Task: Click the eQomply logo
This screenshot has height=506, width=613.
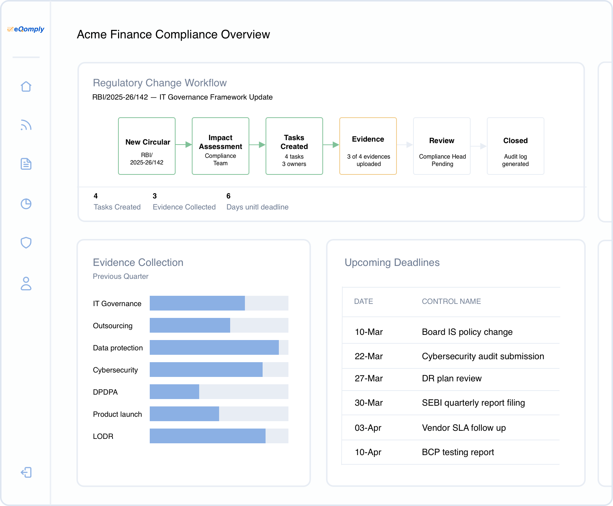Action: (26, 29)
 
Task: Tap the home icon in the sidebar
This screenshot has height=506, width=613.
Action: (26, 87)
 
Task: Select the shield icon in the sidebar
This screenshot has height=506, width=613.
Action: (26, 243)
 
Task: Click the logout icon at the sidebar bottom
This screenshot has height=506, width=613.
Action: (26, 472)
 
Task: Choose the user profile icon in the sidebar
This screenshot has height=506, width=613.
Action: (26, 284)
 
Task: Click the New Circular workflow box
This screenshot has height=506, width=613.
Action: (147, 146)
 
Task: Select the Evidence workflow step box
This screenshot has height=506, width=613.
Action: (368, 146)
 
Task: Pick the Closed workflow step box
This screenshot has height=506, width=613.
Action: (515, 146)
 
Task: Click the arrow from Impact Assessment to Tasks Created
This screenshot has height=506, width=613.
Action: (257, 145)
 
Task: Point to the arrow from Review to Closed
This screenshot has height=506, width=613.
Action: (479, 146)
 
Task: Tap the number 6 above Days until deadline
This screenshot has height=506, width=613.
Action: (228, 196)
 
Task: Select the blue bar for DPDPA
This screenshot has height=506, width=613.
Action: (174, 392)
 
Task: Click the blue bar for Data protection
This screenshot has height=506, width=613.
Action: (214, 347)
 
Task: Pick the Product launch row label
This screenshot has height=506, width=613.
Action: (117, 414)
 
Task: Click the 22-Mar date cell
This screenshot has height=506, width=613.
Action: (368, 356)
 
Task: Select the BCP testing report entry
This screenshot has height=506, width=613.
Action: (458, 452)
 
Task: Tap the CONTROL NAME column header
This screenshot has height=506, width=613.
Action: (451, 301)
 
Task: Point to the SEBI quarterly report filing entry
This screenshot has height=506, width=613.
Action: (473, 403)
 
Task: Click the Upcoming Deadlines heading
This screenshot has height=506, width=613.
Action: (392, 263)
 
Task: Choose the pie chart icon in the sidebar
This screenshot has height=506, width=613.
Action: (26, 204)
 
